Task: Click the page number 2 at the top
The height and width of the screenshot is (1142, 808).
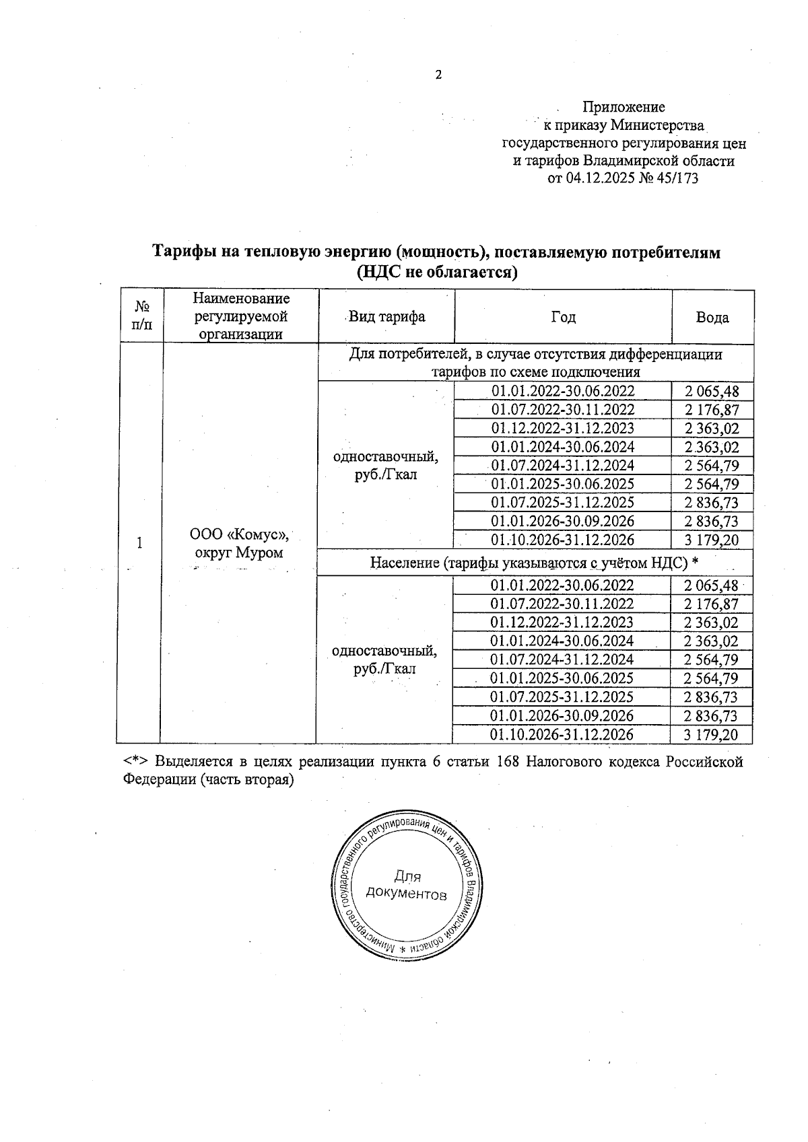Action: pyautogui.click(x=438, y=75)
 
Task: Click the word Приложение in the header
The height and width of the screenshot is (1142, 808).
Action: pyautogui.click(x=624, y=107)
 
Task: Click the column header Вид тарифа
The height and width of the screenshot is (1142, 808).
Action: pyautogui.click(x=386, y=317)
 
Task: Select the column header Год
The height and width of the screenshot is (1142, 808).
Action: pyautogui.click(x=563, y=317)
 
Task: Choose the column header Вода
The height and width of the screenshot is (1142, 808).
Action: pyautogui.click(x=712, y=318)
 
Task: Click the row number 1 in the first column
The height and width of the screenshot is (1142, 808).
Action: pyautogui.click(x=140, y=542)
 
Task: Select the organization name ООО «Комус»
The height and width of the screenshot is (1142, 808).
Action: pyautogui.click(x=240, y=535)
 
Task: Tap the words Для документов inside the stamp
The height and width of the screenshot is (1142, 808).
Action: pyautogui.click(x=406, y=885)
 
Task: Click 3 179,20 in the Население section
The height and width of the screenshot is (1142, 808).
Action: pyautogui.click(x=711, y=734)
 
